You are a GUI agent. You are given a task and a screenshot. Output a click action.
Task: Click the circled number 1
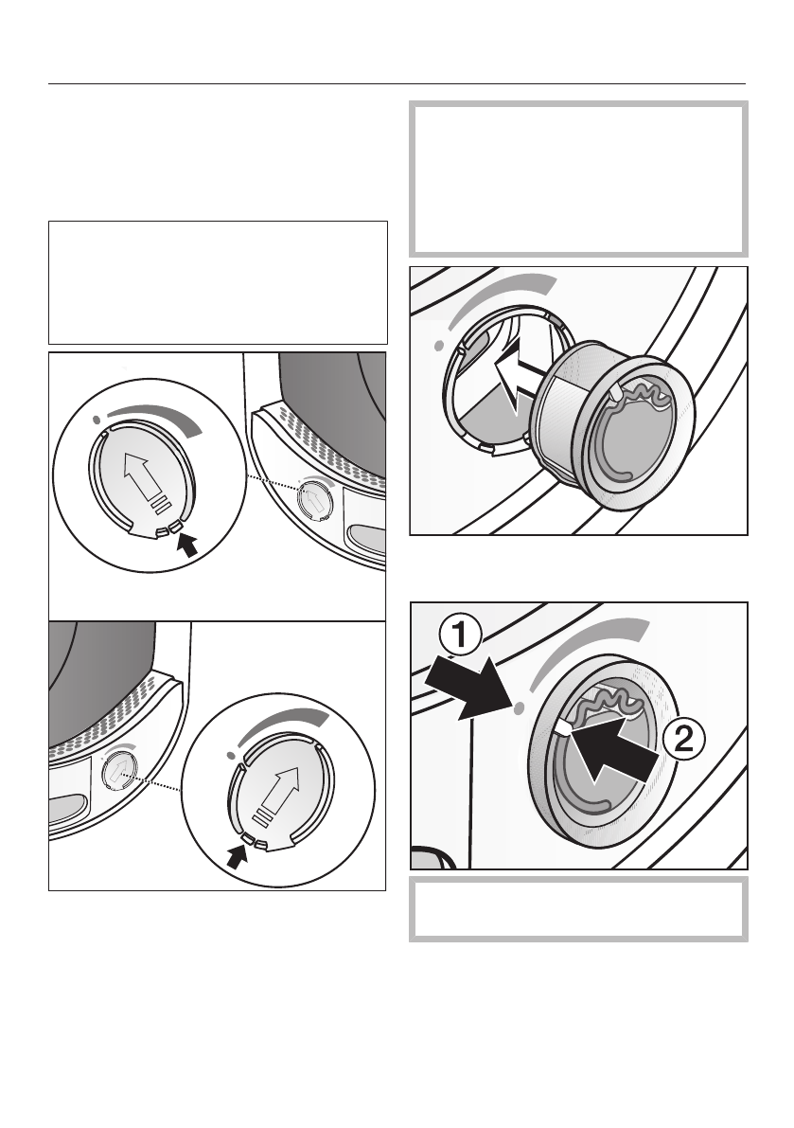pyautogui.click(x=457, y=636)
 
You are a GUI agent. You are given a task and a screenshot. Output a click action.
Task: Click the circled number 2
pyautogui.click(x=682, y=741)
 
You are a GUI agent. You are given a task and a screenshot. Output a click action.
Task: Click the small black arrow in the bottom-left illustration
pyautogui.click(x=237, y=855)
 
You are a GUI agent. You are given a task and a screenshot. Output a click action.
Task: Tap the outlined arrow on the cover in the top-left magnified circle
pyautogui.click(x=145, y=479)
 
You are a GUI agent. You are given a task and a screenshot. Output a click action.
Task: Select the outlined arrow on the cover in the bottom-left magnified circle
pyautogui.click(x=276, y=794)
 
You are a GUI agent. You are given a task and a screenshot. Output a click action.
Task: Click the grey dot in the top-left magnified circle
pyautogui.click(x=97, y=419)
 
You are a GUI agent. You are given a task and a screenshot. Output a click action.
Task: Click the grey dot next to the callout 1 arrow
pyautogui.click(x=519, y=708)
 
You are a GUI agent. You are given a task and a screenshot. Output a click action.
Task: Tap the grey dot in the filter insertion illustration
pyautogui.click(x=439, y=346)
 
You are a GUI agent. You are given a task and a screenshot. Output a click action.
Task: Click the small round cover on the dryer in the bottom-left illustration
pyautogui.click(x=120, y=770)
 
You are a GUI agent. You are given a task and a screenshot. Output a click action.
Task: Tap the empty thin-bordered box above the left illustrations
pyautogui.click(x=218, y=283)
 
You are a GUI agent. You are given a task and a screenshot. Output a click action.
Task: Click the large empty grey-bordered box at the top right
pyautogui.click(x=578, y=178)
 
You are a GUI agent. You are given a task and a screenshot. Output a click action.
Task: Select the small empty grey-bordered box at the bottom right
pyautogui.click(x=578, y=908)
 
